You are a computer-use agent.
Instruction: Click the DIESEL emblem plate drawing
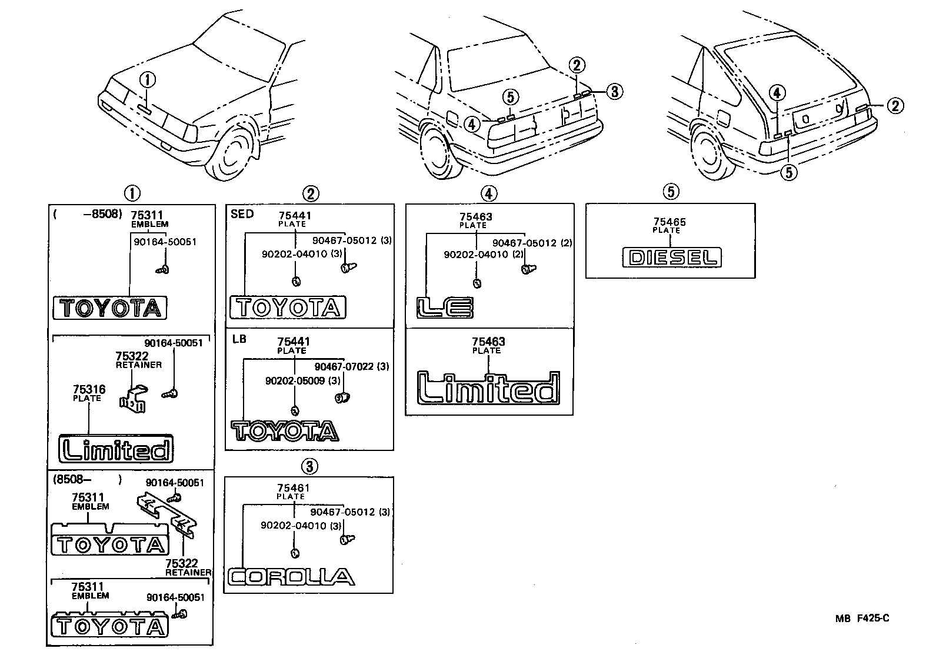pos(671,258)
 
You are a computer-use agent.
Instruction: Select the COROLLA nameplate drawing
pos(291,577)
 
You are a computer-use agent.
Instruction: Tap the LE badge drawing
pos(445,308)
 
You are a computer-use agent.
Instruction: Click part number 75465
pos(669,222)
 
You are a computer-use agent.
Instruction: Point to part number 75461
pos(293,488)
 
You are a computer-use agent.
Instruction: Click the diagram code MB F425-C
pos(862,618)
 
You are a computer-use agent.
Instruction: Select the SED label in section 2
pos(242,214)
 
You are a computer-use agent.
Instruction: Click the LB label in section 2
pos(239,339)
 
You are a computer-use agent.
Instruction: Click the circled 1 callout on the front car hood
pos(147,80)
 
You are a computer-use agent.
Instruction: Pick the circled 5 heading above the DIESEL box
pos(670,191)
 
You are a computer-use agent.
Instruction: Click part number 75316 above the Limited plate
pos(89,389)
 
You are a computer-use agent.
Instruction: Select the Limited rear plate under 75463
pos(488,387)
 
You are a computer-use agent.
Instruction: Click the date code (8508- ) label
pos(87,479)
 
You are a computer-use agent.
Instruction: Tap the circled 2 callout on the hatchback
pos(895,106)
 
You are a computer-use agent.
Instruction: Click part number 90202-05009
pos(295,380)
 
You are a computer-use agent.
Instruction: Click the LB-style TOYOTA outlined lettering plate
pos(285,431)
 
